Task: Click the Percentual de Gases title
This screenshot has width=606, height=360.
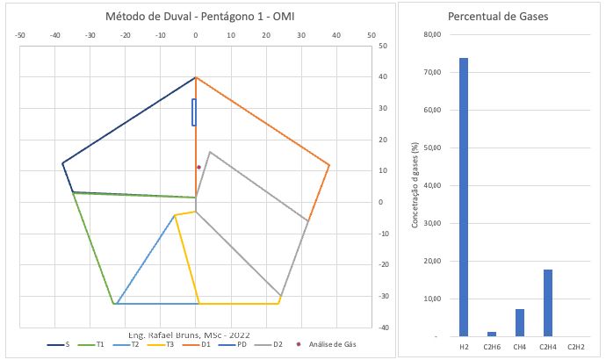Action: pos(494,17)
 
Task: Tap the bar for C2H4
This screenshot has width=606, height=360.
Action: pos(547,302)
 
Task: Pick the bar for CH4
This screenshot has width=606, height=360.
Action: pos(519,322)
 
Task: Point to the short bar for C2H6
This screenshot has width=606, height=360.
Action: pos(491,334)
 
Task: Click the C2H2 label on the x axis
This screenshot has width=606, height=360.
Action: pos(575,348)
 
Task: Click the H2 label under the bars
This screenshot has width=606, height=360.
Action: pos(463,348)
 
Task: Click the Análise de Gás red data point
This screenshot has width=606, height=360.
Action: pos(198,167)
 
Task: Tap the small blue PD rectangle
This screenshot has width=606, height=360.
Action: pos(194,112)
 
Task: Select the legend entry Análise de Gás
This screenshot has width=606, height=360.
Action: pos(329,344)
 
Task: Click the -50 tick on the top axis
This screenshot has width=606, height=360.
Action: pos(20,36)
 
